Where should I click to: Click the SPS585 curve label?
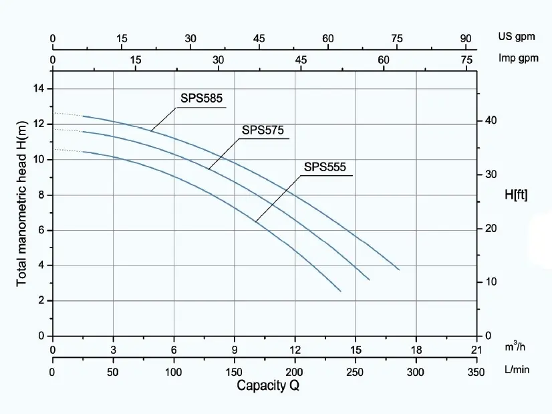[201, 98]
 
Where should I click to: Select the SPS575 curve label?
[263, 130]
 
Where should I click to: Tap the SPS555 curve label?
[325, 167]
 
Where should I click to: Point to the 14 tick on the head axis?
[39, 88]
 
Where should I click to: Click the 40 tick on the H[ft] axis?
[491, 120]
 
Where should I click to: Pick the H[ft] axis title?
[516, 195]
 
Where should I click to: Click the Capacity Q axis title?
[268, 385]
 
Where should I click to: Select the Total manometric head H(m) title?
[21, 203]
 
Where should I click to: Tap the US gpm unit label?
[517, 37]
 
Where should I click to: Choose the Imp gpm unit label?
[518, 58]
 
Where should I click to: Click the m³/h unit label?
[515, 347]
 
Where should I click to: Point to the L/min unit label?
[517, 369]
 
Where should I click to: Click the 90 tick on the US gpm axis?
[466, 38]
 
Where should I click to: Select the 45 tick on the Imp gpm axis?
[301, 60]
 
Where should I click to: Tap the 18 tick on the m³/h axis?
[416, 350]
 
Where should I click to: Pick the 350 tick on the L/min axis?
[476, 372]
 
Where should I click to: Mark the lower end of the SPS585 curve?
[399, 270]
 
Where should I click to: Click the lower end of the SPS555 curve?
[341, 292]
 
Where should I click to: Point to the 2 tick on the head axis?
[41, 300]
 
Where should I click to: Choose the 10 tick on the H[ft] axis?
[491, 282]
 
